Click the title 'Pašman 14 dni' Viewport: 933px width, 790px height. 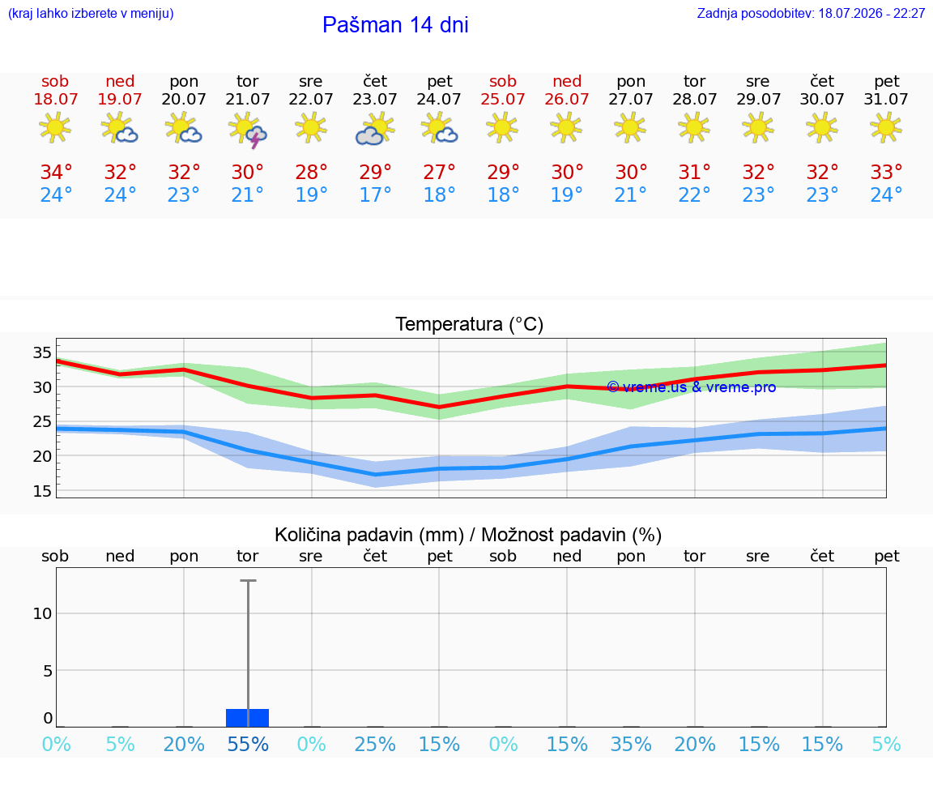pyautogui.click(x=395, y=25)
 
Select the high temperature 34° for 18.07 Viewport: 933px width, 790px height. pyautogui.click(x=56, y=172)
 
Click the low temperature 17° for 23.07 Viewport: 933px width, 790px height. pyautogui.click(x=375, y=194)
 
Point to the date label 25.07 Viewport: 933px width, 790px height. pyautogui.click(x=503, y=99)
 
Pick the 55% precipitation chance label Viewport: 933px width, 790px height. pyautogui.click(x=248, y=744)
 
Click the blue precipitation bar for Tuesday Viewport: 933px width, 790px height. pyautogui.click(x=248, y=718)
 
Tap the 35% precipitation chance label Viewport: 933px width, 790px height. pyautogui.click(x=631, y=744)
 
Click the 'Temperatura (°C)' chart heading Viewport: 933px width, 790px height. pyautogui.click(x=470, y=324)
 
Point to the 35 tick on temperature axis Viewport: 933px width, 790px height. pyautogui.click(x=42, y=352)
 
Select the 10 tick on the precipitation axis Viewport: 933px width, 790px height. pyautogui.click(x=42, y=613)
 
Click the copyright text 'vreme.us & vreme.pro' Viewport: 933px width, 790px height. pyautogui.click(x=699, y=387)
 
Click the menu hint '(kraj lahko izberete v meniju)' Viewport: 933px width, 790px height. pyautogui.click(x=91, y=13)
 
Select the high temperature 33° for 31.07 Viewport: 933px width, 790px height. pyautogui.click(x=887, y=172)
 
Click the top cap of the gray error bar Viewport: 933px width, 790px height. pyautogui.click(x=248, y=580)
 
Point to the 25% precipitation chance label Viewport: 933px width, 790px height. pyautogui.click(x=375, y=744)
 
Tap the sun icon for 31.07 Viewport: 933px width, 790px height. pyautogui.click(x=886, y=128)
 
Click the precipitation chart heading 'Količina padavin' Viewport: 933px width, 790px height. pyautogui.click(x=369, y=535)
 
